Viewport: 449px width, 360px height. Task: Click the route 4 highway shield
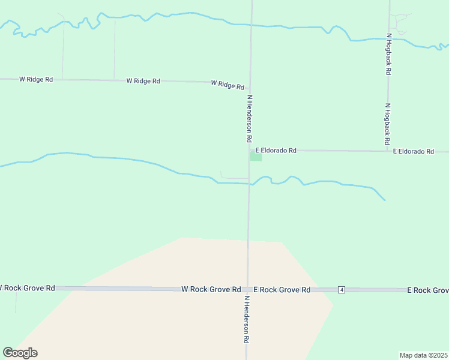(x=341, y=290)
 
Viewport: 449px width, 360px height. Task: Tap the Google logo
(x=20, y=353)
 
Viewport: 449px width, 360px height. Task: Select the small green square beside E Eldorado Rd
(x=256, y=157)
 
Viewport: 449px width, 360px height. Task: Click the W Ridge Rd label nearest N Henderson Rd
(x=227, y=85)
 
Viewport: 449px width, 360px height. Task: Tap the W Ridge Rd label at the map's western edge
(x=36, y=79)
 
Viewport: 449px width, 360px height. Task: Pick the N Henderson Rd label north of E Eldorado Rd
(x=249, y=118)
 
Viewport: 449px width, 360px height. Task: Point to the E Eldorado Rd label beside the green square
(x=276, y=151)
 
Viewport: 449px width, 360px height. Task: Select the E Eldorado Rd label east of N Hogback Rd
(x=413, y=152)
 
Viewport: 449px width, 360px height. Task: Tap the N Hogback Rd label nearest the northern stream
(x=389, y=53)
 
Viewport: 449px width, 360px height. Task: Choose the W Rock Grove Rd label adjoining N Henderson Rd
(x=211, y=289)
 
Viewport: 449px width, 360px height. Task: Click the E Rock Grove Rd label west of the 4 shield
(x=282, y=289)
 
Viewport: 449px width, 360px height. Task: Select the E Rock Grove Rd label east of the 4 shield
(x=427, y=290)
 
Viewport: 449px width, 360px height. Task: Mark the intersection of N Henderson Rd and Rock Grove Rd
(x=247, y=289)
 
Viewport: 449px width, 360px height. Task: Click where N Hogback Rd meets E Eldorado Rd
(x=387, y=151)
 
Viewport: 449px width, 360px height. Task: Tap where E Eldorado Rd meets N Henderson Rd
(x=250, y=150)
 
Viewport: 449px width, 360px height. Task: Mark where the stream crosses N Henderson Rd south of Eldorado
(x=249, y=184)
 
